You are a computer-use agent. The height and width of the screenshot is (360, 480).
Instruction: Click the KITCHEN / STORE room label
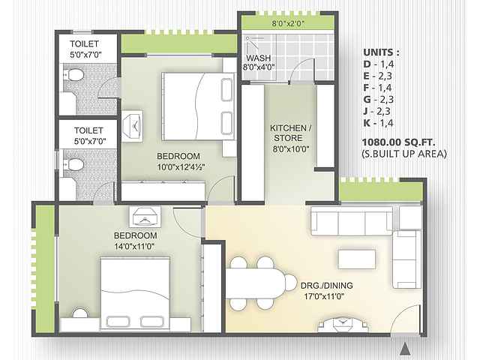coord(290,133)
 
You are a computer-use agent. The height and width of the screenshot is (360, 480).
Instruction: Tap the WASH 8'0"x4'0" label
coord(259,62)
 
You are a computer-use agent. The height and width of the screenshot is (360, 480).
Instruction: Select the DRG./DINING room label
coord(327,286)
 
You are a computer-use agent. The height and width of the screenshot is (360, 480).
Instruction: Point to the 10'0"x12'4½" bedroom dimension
coord(181,167)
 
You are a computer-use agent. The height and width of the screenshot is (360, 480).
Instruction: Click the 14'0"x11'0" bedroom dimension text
coord(134,246)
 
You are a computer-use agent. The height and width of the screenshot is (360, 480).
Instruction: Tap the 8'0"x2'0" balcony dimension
coord(288,23)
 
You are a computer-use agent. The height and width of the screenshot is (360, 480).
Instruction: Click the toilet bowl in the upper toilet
coord(73,75)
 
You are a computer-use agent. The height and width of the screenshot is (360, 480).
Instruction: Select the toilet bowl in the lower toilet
coord(73,165)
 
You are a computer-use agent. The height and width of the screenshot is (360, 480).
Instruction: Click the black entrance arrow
coord(405,349)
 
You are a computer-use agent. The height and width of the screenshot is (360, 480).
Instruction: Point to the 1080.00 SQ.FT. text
coord(398,142)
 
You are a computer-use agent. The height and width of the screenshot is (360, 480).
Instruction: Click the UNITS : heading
coord(381,52)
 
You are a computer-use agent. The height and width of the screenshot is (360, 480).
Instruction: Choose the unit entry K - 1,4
coord(378,123)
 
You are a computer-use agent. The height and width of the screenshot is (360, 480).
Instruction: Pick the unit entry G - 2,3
coord(378,100)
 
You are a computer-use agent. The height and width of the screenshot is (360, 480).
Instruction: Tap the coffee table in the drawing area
coord(357,259)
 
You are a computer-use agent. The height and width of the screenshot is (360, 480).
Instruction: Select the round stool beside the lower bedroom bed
coord(80,313)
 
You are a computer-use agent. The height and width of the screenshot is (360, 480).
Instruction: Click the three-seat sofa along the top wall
coord(352,220)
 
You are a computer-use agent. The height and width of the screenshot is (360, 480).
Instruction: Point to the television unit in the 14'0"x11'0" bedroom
coord(145,217)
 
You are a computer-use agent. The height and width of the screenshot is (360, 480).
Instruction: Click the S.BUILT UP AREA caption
coord(403,154)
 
